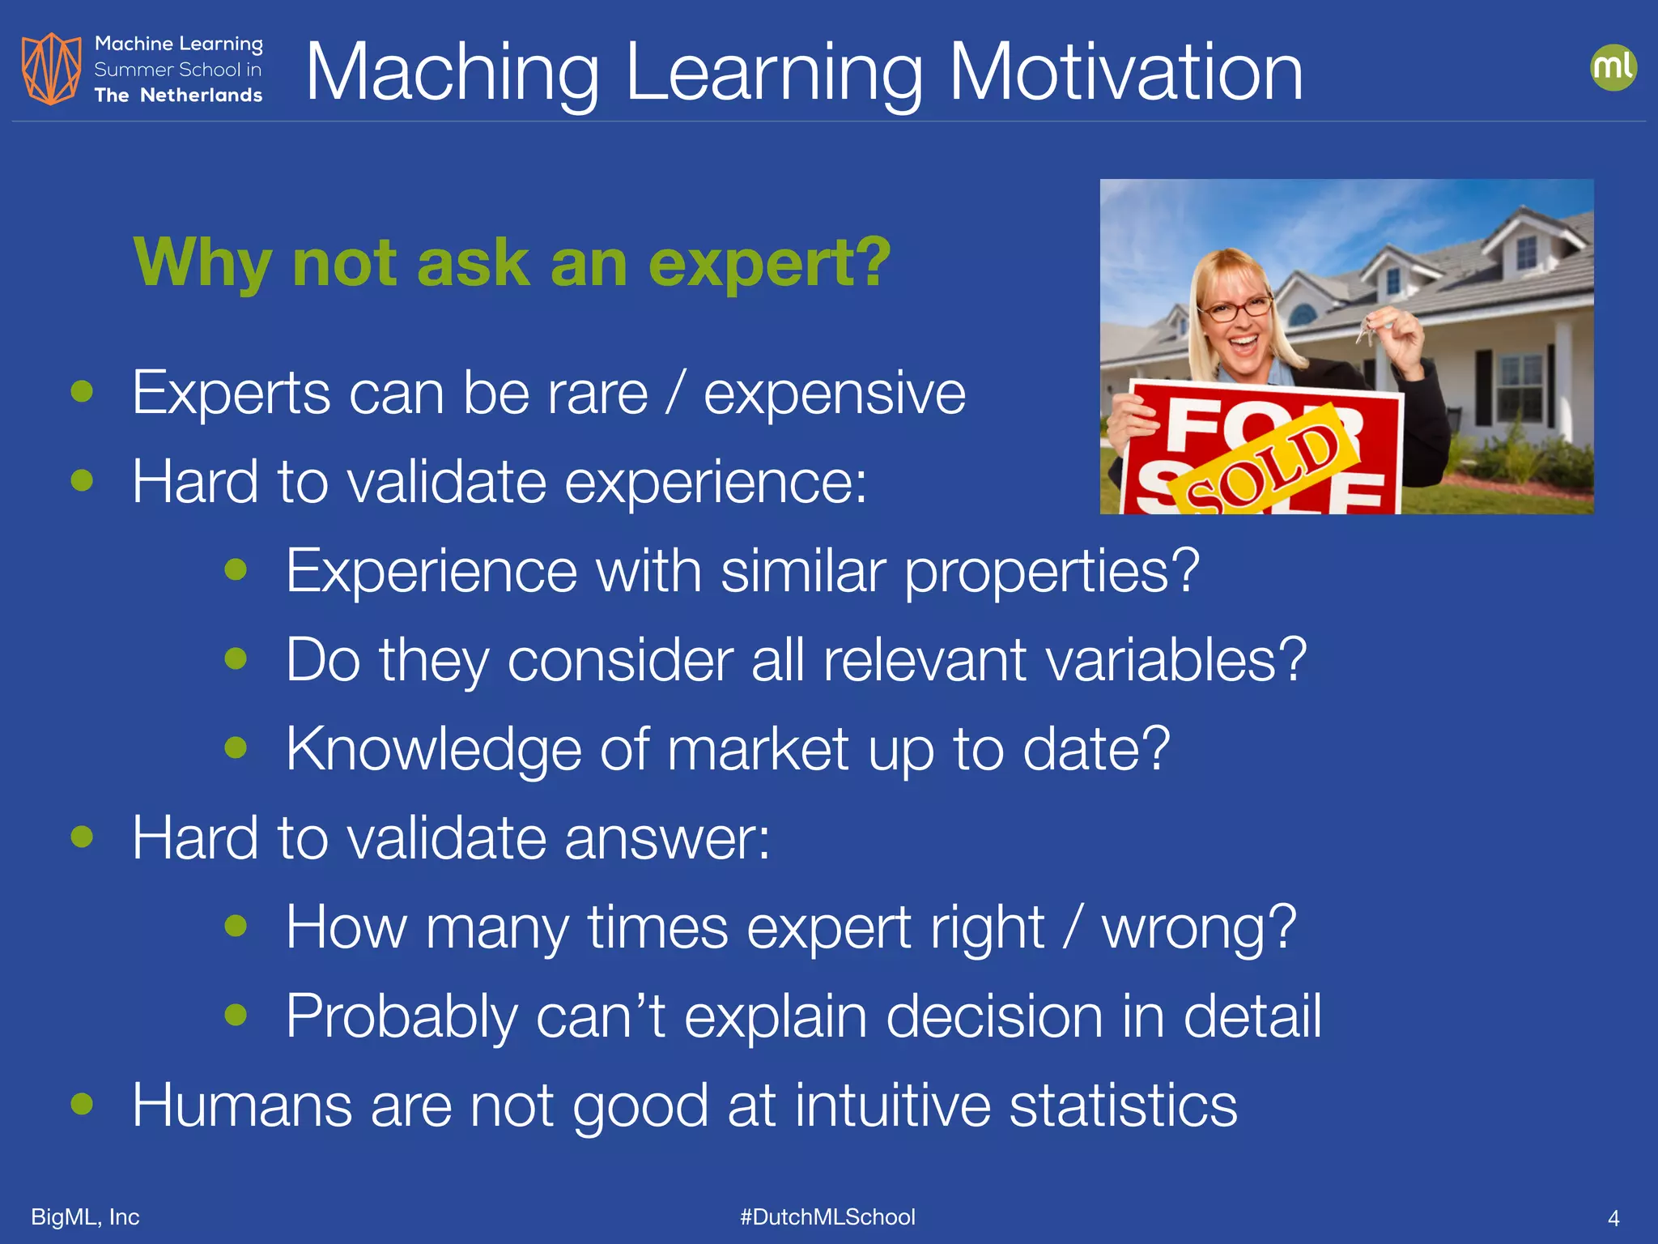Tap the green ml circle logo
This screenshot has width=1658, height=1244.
[1613, 67]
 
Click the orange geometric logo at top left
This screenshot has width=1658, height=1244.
[51, 69]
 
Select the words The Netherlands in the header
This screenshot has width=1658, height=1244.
[178, 96]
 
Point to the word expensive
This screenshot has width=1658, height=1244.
[835, 394]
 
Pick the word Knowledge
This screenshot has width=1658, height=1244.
[433, 750]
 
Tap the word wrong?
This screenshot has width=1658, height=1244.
[1199, 927]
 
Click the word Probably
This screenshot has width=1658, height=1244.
[402, 1017]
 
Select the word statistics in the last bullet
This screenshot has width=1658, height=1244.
[1123, 1106]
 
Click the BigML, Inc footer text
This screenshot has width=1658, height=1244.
[85, 1217]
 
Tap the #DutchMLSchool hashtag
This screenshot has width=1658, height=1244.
[827, 1217]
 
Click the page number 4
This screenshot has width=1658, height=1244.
[1613, 1218]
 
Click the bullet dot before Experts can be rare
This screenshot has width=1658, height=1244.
[82, 392]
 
